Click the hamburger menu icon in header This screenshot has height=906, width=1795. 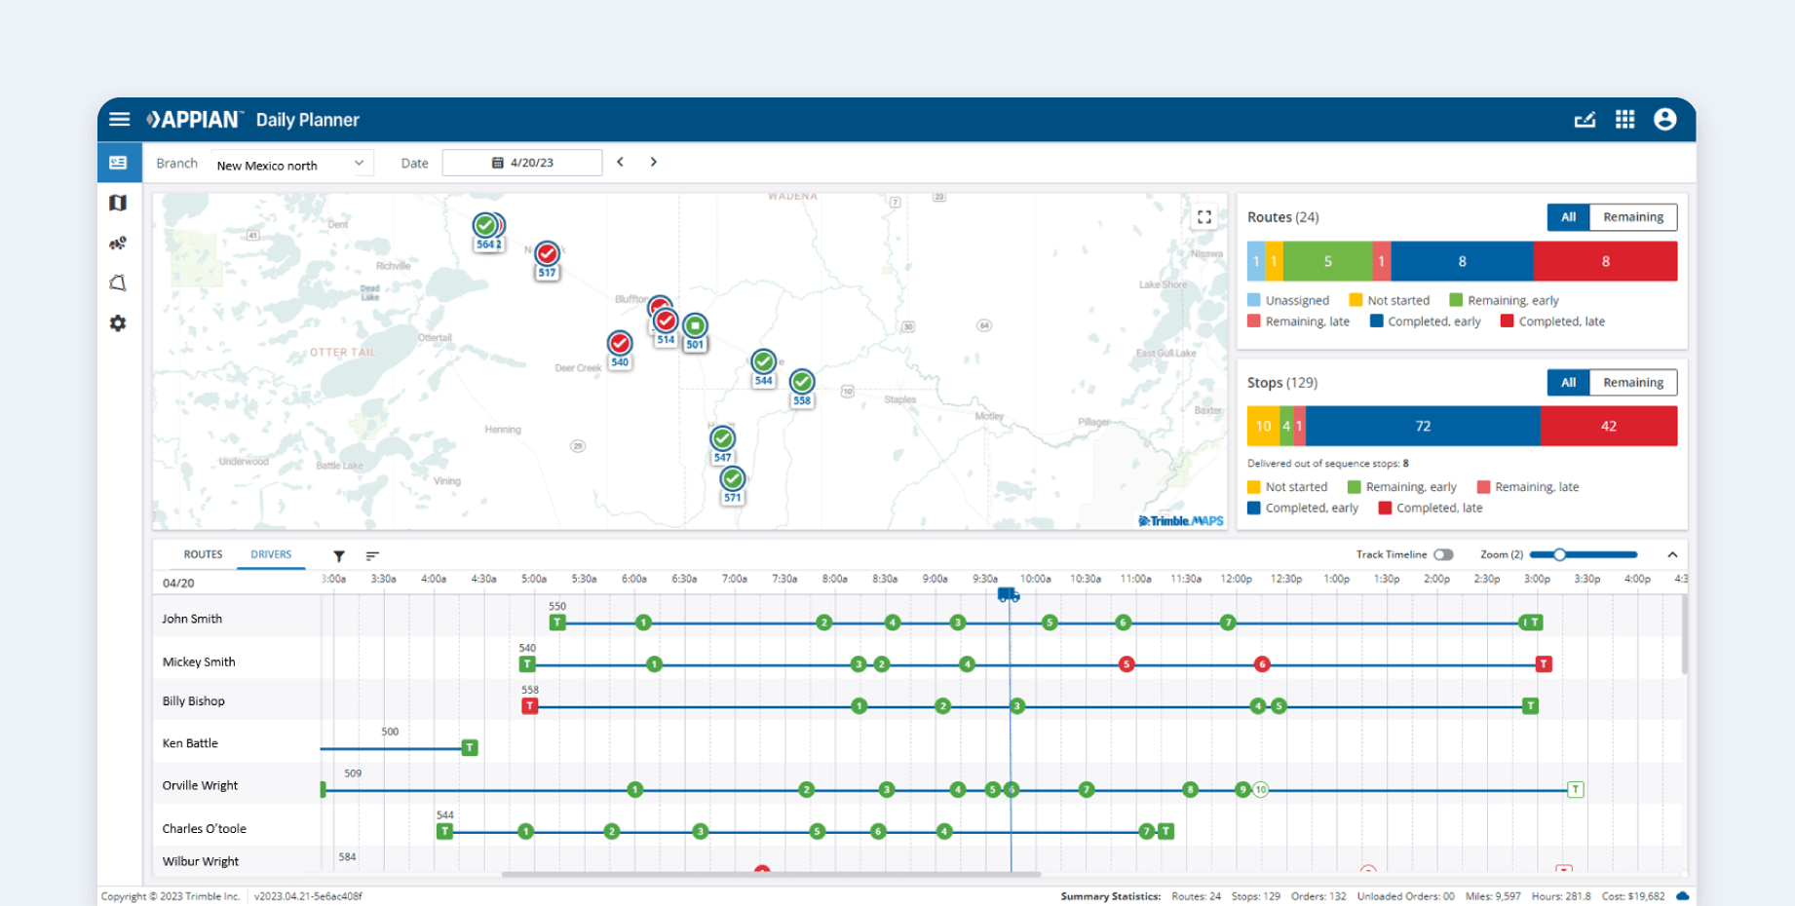(120, 119)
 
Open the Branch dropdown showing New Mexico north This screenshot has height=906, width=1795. (290, 165)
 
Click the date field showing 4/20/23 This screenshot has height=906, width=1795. (522, 163)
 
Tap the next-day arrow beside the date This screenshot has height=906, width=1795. (654, 162)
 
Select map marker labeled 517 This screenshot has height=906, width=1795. (548, 255)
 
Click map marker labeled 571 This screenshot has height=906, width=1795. (733, 480)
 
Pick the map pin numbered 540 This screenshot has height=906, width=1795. (620, 344)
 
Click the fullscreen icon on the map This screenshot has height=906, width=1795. (1204, 217)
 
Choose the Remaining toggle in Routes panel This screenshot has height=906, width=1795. (1632, 217)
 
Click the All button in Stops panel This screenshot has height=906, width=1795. (1568, 383)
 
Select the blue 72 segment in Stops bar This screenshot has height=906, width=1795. (1423, 427)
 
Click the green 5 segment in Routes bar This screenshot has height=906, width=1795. (1327, 262)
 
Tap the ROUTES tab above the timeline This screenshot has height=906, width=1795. (203, 554)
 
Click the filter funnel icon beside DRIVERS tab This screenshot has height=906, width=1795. (339, 556)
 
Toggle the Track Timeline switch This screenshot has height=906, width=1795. (1443, 554)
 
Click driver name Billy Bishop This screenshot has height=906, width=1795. (193, 701)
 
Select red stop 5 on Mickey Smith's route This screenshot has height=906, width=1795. (1127, 664)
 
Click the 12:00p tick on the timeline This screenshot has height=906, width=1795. (1236, 579)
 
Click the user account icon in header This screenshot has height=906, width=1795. (1664, 119)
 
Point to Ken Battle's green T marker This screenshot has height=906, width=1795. (470, 747)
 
